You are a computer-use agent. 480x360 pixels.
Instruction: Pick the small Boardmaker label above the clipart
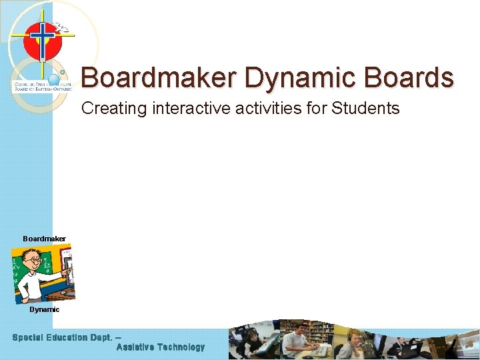(x=44, y=238)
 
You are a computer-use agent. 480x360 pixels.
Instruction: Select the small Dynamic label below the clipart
(x=44, y=309)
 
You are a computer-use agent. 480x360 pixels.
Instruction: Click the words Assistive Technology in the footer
(x=160, y=347)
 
